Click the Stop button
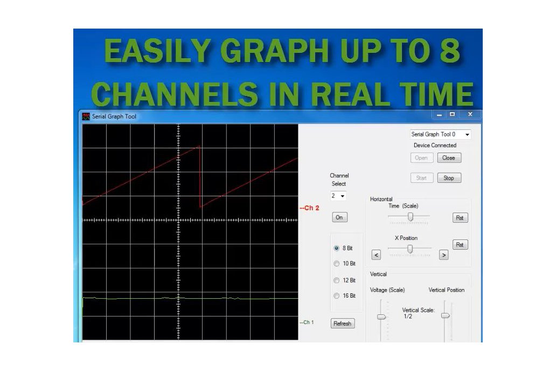(449, 178)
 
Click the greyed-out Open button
(421, 158)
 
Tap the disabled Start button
(421, 178)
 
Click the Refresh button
(342, 324)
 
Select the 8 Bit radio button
(337, 249)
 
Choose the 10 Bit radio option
(337, 264)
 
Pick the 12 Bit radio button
(337, 280)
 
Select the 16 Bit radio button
(337, 296)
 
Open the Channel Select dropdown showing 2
(338, 196)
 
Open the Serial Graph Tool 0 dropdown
(440, 134)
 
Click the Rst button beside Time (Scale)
(460, 218)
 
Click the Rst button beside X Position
(460, 245)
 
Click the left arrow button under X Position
(376, 255)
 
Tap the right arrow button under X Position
(443, 255)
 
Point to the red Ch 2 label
(310, 208)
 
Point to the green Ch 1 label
(307, 322)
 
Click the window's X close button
(470, 115)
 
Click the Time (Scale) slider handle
(410, 216)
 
